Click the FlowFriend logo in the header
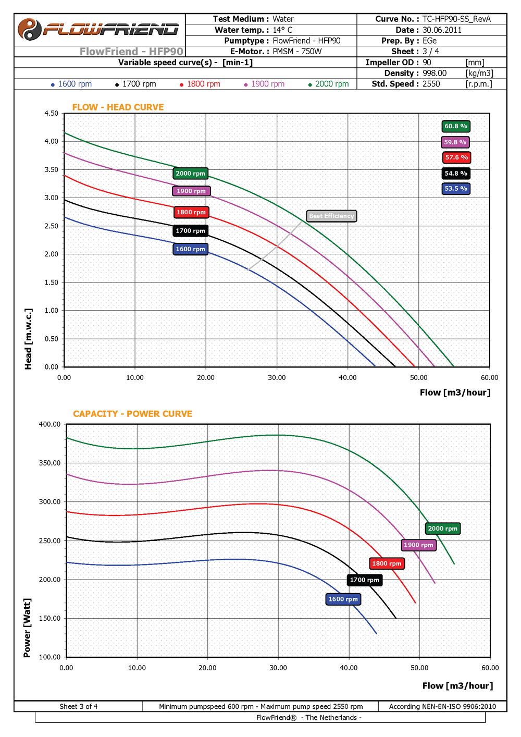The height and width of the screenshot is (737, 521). [x=99, y=29]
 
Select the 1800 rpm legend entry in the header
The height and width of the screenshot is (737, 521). [x=200, y=84]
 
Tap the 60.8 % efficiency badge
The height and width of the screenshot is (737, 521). [x=456, y=126]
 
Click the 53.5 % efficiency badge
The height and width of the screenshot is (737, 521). [x=456, y=189]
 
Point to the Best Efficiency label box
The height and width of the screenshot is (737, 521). [x=331, y=216]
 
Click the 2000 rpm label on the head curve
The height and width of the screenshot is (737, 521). [x=190, y=174]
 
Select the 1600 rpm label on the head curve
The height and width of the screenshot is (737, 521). [x=190, y=249]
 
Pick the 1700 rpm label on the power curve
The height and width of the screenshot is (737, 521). [x=365, y=580]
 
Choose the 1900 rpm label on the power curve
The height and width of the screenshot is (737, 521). [x=418, y=545]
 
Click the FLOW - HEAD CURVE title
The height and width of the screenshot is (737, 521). [x=118, y=107]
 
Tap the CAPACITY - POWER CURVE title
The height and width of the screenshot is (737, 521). [x=132, y=414]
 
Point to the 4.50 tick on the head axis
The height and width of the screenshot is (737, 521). [x=51, y=113]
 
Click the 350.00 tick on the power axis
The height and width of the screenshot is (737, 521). [x=49, y=463]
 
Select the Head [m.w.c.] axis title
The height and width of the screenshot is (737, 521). [x=28, y=339]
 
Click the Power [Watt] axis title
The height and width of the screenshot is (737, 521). [x=27, y=628]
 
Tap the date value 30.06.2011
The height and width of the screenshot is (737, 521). [x=442, y=30]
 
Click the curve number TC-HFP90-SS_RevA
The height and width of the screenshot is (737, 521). [x=456, y=19]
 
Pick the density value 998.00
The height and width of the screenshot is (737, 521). [x=435, y=73]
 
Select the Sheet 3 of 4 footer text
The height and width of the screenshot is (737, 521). [x=78, y=707]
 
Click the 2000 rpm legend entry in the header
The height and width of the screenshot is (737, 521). [x=329, y=84]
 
